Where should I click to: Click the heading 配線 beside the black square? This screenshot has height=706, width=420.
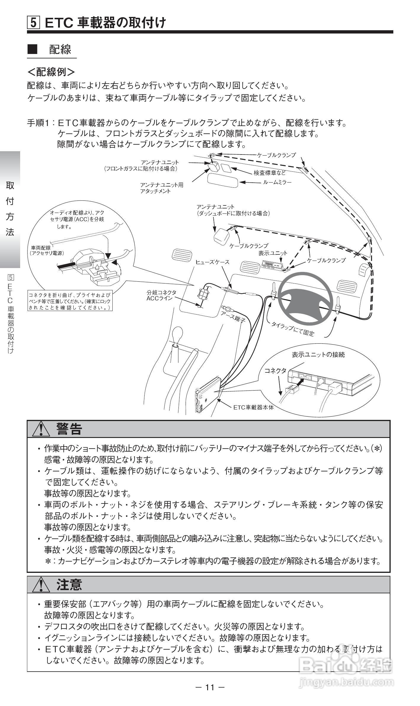pyautogui.click(x=60, y=50)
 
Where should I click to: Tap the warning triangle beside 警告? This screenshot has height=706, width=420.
pyautogui.click(x=41, y=429)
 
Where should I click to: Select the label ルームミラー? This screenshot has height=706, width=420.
pyautogui.click(x=277, y=182)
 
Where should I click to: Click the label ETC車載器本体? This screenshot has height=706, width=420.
pyautogui.click(x=253, y=407)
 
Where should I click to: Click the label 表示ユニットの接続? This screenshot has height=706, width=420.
pyautogui.click(x=318, y=355)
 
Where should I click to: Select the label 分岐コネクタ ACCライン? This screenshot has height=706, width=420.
pyautogui.click(x=161, y=295)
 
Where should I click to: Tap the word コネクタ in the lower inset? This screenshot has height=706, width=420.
pyautogui.click(x=275, y=371)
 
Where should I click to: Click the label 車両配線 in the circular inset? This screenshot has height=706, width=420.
pyautogui.click(x=41, y=248)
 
